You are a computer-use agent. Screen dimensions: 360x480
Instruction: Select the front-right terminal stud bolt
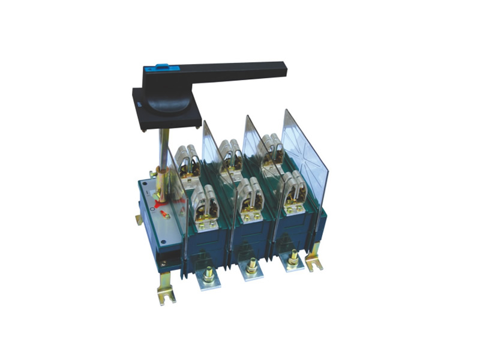293,258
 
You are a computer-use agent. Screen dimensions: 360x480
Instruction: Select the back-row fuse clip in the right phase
270,147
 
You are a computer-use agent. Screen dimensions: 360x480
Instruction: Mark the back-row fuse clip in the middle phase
227,153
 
